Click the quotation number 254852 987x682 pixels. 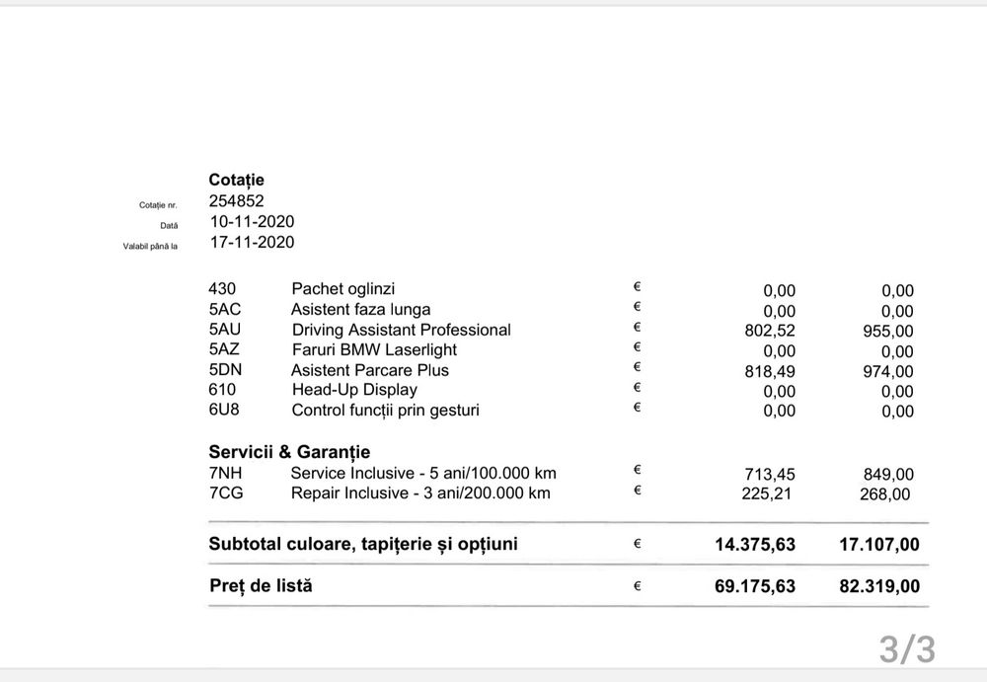click(236, 201)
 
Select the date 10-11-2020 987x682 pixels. click(251, 222)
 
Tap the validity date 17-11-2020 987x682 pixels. click(251, 242)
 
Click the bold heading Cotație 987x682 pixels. click(236, 180)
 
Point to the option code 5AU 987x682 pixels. click(225, 330)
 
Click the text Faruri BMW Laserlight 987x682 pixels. click(374, 349)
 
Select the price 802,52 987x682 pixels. click(770, 331)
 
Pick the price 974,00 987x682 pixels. click(888, 372)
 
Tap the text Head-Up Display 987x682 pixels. click(354, 390)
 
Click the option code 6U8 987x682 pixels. click(224, 410)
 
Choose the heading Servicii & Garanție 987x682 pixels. click(289, 452)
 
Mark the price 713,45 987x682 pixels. click(769, 475)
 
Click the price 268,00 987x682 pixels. click(885, 494)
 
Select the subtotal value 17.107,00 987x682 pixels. click(879, 545)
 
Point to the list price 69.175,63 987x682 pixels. click(755, 586)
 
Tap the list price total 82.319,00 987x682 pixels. click(879, 586)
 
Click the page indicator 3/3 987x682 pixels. click(907, 649)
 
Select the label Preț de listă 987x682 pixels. click(261, 585)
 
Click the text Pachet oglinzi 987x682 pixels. click(342, 289)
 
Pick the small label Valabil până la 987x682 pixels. click(150, 246)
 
